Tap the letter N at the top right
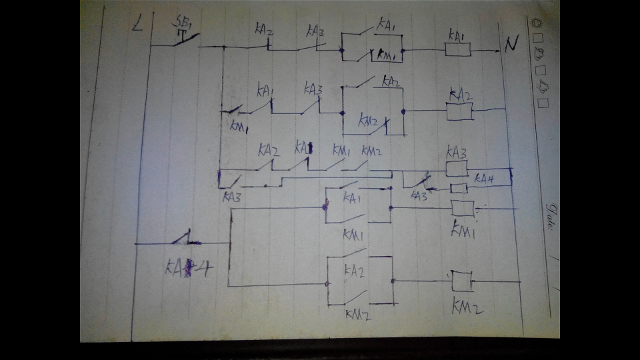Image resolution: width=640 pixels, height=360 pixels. pyautogui.click(x=511, y=45)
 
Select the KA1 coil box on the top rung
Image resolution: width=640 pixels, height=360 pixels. pyautogui.click(x=458, y=49)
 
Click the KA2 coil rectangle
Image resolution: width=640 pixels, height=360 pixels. pyautogui.click(x=459, y=111)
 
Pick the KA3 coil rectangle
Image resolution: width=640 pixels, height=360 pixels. pyautogui.click(x=457, y=168)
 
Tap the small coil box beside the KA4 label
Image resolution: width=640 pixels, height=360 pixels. pyautogui.click(x=459, y=188)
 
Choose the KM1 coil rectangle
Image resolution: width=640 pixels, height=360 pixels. pyautogui.click(x=462, y=208)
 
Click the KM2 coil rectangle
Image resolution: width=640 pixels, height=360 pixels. pyautogui.click(x=461, y=281)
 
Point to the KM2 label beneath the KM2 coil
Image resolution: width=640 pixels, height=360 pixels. pyautogui.click(x=467, y=307)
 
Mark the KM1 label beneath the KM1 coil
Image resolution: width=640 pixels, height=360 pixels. pyautogui.click(x=463, y=231)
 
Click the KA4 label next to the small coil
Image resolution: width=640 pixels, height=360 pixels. pyautogui.click(x=485, y=179)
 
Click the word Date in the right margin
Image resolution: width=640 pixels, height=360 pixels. pyautogui.click(x=551, y=216)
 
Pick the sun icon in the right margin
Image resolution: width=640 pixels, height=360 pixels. pyautogui.click(x=537, y=23)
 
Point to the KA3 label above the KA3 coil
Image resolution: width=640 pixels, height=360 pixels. pyautogui.click(x=457, y=152)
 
